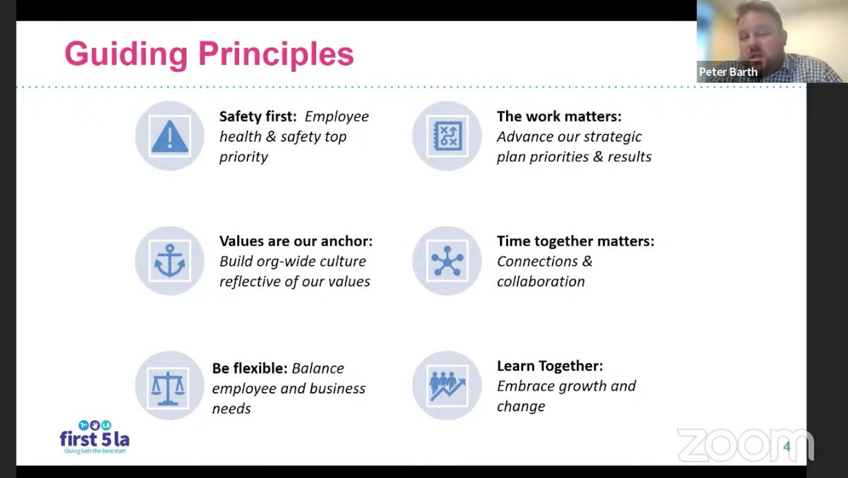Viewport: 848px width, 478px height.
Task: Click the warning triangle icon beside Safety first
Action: click(170, 137)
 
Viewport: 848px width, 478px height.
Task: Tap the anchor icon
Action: click(170, 261)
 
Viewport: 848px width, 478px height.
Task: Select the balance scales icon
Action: click(168, 388)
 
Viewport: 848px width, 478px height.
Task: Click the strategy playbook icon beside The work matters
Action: click(447, 136)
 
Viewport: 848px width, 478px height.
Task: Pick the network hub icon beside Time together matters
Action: click(447, 261)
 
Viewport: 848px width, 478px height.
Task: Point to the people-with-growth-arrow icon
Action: click(447, 386)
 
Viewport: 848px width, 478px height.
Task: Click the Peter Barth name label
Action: click(728, 72)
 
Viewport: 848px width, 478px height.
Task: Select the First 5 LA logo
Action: click(94, 437)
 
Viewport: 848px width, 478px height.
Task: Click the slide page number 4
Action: click(787, 447)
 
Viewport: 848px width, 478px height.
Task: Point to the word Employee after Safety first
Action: click(336, 116)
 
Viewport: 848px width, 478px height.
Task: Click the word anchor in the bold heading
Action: click(346, 241)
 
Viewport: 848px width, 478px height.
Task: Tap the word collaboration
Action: click(540, 281)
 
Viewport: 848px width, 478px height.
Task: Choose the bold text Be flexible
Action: click(250, 368)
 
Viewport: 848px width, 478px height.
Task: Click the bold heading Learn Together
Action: click(550, 366)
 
